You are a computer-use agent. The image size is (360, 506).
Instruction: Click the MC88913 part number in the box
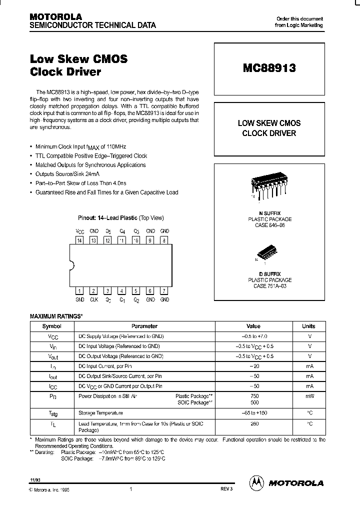pos(269,68)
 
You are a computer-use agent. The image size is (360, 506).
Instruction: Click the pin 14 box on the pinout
pos(79,240)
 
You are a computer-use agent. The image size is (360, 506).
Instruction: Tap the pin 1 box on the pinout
pos(79,291)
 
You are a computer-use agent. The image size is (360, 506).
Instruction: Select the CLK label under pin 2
pos(93,299)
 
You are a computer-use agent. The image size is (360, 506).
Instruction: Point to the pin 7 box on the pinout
pos(164,291)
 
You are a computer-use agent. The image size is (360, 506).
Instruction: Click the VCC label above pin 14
pos(79,231)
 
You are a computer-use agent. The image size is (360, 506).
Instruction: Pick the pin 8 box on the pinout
pos(164,240)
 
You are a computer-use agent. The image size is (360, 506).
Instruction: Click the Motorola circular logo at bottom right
pos(257,482)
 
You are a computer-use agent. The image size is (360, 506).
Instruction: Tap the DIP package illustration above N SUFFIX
pos(269,187)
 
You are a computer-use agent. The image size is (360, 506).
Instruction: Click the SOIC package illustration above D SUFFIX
pos(269,256)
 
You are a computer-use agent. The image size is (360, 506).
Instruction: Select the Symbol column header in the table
pos(51,326)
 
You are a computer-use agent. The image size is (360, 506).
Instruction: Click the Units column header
pos(308,326)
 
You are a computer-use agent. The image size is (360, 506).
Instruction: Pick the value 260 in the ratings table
pos(253,423)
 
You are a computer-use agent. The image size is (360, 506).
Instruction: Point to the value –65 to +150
pos(253,413)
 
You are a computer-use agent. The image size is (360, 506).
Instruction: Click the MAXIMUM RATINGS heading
pos(56,316)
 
